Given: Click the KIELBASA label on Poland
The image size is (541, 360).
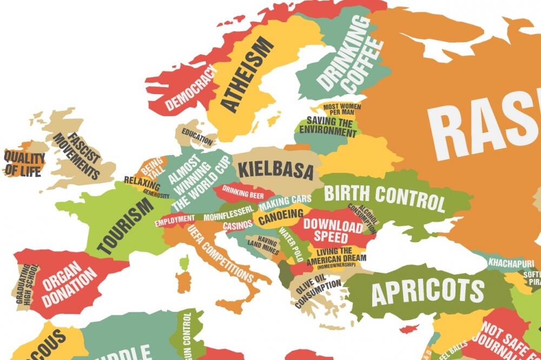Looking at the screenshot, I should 276,170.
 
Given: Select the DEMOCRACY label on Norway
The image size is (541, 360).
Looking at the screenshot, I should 191,88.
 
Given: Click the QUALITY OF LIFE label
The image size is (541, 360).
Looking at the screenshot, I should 24,164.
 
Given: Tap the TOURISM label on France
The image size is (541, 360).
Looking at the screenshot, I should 124,226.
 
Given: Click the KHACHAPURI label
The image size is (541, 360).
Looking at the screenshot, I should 511,263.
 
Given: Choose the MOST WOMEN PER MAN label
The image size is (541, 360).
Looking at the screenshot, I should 339,109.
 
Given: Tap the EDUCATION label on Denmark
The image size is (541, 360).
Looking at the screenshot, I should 197,136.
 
